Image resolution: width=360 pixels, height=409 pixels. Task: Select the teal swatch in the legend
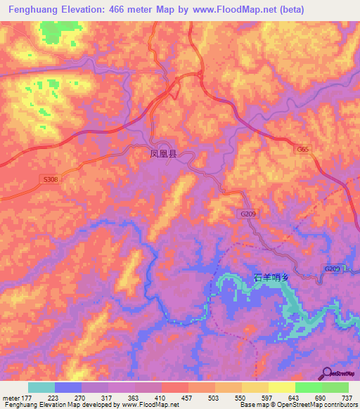pos(41,387)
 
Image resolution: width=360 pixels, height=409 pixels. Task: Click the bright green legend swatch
pos(308,387)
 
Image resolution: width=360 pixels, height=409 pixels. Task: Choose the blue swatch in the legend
pos(67,387)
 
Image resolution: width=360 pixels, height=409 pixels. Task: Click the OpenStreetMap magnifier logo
pos(328,373)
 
